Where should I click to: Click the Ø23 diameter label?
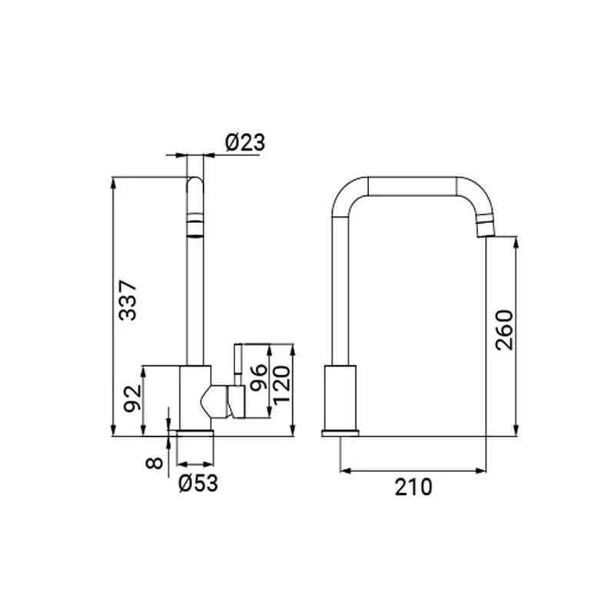click(x=245, y=142)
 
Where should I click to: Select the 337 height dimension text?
click(x=128, y=300)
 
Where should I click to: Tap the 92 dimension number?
click(x=132, y=398)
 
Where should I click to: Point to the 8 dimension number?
click(x=154, y=463)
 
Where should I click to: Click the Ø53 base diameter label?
click(x=198, y=484)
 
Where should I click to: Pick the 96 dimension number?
click(x=258, y=377)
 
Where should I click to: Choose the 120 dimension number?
click(x=281, y=385)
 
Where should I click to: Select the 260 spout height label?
click(x=504, y=330)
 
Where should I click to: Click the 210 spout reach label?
click(x=413, y=487)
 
